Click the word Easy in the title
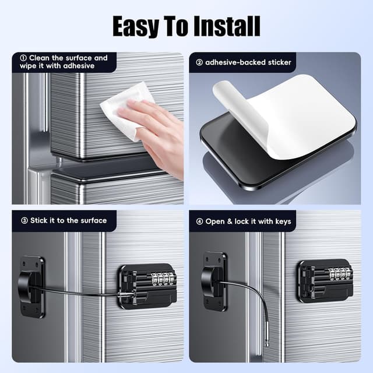click(135, 26)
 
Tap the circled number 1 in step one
click(23, 58)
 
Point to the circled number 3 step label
click(24, 220)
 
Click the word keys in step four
click(280, 221)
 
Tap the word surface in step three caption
click(90, 220)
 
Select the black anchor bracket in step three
click(32, 286)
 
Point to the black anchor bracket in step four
click(213, 280)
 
